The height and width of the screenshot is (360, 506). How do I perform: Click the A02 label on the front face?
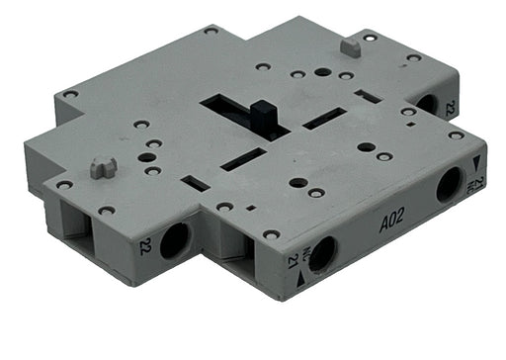click(392, 224)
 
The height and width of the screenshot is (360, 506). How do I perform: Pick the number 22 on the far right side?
click(451, 109)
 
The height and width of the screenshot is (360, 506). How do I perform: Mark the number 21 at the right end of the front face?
click(479, 182)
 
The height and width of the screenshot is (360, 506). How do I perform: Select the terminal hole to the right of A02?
click(450, 185)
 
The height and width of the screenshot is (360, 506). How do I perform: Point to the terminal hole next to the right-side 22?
click(427, 102)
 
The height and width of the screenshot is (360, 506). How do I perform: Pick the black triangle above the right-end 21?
click(477, 162)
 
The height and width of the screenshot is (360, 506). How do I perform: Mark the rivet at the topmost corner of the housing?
click(211, 31)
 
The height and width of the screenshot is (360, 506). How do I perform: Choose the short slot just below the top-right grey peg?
click(368, 96)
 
